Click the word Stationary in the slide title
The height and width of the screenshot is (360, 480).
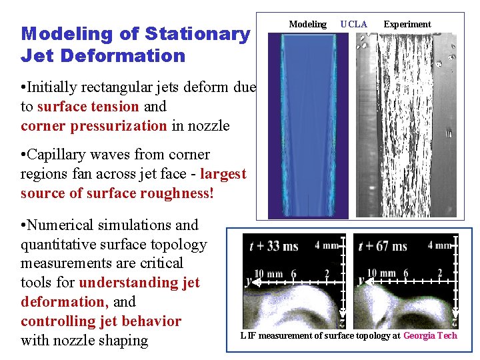tap(197, 33)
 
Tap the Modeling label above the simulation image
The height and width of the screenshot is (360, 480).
tap(307, 24)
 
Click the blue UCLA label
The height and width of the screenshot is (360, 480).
tap(353, 24)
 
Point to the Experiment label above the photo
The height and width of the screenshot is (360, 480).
tap(407, 24)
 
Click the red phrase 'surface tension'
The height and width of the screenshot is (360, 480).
tap(89, 106)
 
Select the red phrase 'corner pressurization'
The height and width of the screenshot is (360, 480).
tap(93, 125)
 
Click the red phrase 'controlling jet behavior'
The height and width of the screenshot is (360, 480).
tap(101, 321)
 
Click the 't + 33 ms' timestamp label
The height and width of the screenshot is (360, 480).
tap(273, 246)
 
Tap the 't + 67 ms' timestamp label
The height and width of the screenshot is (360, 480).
tap(382, 246)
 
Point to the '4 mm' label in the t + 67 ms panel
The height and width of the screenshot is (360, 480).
tap(440, 245)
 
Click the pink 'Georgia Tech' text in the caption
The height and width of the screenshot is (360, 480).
tap(430, 335)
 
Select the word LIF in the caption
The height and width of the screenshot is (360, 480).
tap(248, 335)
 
